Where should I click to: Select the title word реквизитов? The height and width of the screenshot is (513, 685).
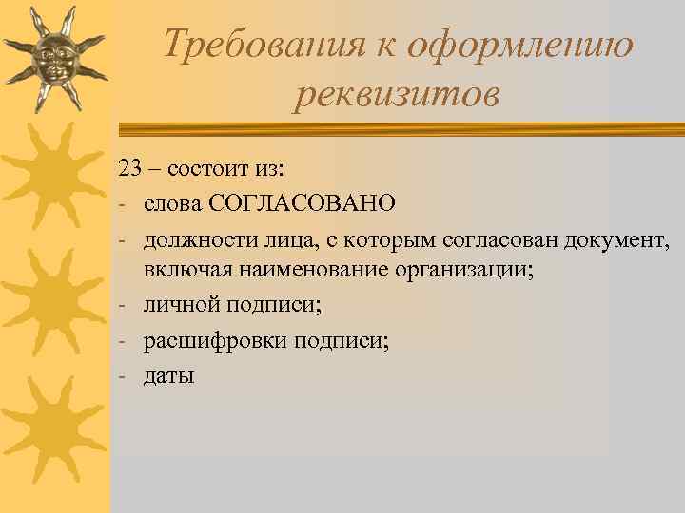pyautogui.click(x=396, y=94)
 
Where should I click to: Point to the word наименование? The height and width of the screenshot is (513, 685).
pyautogui.click(x=311, y=269)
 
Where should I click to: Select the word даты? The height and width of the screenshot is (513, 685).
pyautogui.click(x=168, y=376)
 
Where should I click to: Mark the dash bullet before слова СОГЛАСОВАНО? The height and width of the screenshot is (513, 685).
pyautogui.click(x=124, y=201)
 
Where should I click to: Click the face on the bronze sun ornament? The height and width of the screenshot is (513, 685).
pyautogui.click(x=53, y=58)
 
